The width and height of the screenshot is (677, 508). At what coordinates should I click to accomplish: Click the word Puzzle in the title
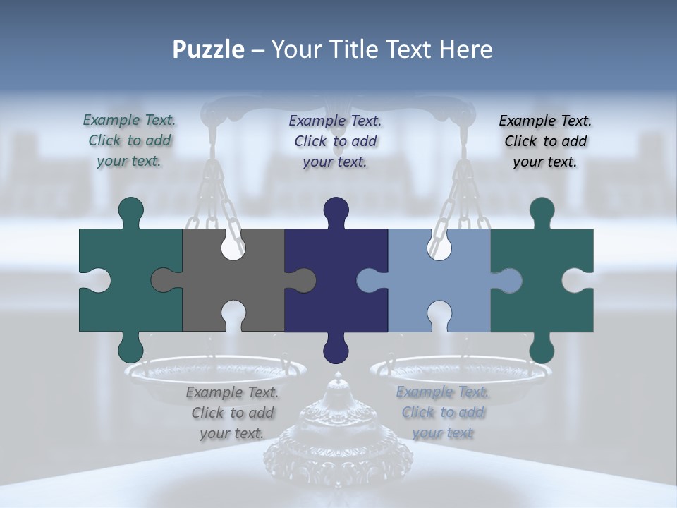point(208,49)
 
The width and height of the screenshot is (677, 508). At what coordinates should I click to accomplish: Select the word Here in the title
point(465,49)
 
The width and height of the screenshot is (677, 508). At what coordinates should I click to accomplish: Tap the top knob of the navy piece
point(336,210)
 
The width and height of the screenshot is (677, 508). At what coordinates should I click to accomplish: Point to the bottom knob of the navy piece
point(336,349)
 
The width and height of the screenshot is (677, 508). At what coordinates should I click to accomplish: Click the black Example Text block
point(545,141)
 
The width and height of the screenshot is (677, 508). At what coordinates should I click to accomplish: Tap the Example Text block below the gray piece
point(232,413)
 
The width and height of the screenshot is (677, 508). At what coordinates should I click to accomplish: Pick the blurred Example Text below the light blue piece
point(442,412)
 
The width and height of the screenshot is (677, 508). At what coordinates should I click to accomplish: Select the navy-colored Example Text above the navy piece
point(335,141)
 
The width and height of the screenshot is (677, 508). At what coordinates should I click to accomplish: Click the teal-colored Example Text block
point(129,140)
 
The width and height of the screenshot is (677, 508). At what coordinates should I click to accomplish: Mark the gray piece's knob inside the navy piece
point(304,280)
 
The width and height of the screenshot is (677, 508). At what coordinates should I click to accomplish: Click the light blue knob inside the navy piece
point(368,280)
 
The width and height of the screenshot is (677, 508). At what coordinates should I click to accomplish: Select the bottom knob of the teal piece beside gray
point(131,349)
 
